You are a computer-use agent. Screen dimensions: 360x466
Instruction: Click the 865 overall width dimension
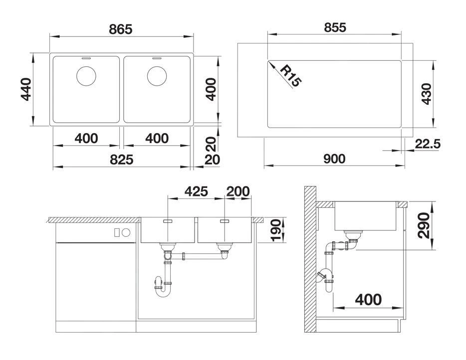click(121, 29)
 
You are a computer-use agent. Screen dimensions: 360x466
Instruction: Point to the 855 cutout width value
click(334, 27)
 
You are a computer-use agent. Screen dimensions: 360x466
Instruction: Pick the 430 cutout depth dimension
click(426, 93)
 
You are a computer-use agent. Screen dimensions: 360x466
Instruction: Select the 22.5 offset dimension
click(427, 144)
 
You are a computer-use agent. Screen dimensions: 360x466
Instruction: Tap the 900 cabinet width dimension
click(334, 159)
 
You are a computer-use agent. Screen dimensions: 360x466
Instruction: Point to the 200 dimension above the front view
click(238, 191)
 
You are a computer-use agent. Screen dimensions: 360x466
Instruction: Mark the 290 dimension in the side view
click(424, 225)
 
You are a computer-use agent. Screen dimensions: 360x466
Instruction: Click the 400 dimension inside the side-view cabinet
click(368, 299)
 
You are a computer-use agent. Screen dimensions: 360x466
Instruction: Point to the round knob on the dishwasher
click(126, 232)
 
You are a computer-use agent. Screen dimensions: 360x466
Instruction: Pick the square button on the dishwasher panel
click(117, 232)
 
